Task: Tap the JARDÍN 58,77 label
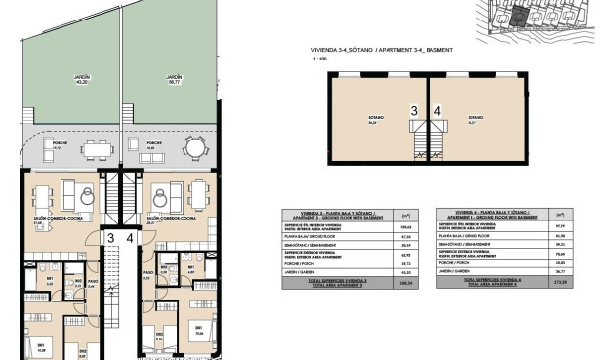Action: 174,78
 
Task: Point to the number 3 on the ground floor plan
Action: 110,237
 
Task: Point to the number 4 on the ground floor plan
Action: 130,237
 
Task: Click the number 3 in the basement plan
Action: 414,110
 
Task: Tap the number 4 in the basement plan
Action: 437,110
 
